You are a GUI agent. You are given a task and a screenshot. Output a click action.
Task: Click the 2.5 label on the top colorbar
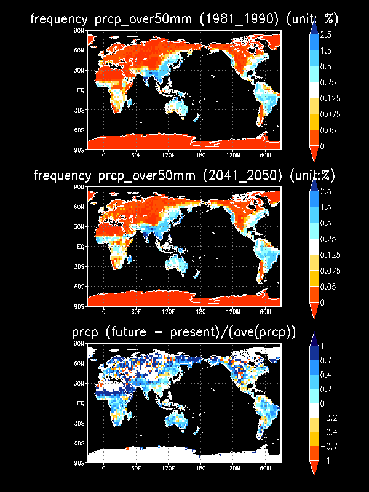click(327, 34)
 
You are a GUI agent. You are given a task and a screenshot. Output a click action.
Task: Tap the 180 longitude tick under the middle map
click(200, 311)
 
